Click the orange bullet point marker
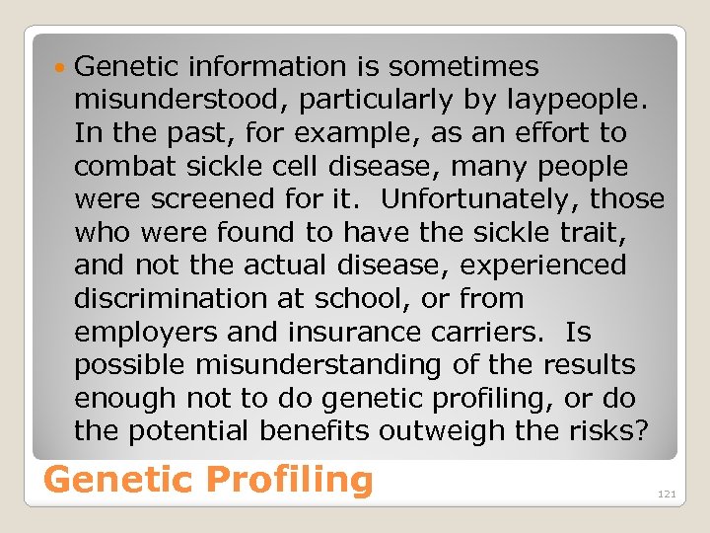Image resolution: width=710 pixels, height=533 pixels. (x=61, y=68)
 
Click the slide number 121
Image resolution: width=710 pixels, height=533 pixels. (x=667, y=494)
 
